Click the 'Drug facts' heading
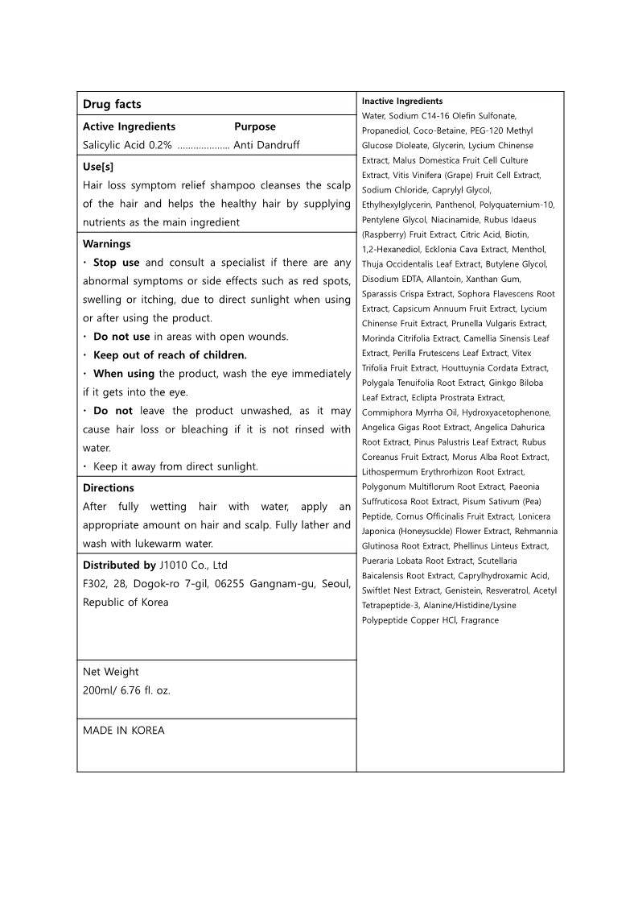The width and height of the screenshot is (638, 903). pyautogui.click(x=112, y=105)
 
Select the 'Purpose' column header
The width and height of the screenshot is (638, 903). pyautogui.click(x=255, y=126)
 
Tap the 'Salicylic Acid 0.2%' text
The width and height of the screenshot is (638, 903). pyautogui.click(x=127, y=145)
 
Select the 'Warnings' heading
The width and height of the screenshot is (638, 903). pyautogui.click(x=106, y=243)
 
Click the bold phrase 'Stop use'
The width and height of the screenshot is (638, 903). pyautogui.click(x=117, y=263)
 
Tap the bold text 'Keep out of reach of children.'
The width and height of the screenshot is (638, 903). pyautogui.click(x=170, y=355)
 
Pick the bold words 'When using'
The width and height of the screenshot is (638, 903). pyautogui.click(x=124, y=374)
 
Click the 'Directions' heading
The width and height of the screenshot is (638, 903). pyautogui.click(x=109, y=487)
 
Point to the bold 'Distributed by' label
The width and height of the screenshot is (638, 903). pyautogui.click(x=119, y=565)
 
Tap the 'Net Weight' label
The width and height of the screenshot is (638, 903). pyautogui.click(x=110, y=671)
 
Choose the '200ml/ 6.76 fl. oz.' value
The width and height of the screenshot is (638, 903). pyautogui.click(x=126, y=690)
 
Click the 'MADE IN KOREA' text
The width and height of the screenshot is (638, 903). pyautogui.click(x=123, y=731)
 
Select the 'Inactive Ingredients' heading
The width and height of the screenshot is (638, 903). pyautogui.click(x=402, y=101)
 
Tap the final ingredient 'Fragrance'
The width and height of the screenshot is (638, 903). pyautogui.click(x=480, y=620)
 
